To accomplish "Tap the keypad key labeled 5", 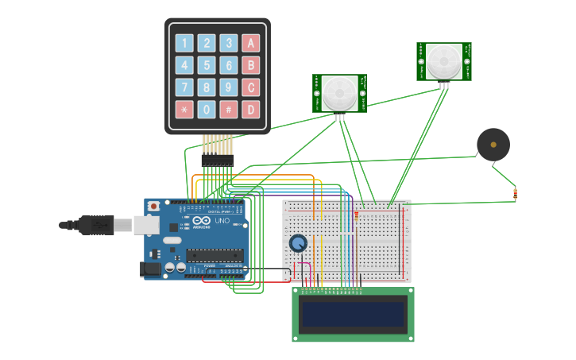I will [207, 65].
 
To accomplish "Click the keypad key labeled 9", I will [229, 87].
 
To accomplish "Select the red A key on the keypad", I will [251, 43].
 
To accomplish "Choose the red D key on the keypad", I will [251, 109].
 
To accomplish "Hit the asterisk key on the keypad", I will [184, 109].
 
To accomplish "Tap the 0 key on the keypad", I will [207, 109].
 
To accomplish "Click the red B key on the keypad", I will [251, 65].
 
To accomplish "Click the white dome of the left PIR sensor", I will [339, 93].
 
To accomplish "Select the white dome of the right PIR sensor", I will [443, 61].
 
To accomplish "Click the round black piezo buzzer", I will [493, 145].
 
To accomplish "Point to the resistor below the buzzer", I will [515, 192].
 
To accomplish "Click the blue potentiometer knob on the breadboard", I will [298, 243].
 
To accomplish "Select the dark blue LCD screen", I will [353, 315].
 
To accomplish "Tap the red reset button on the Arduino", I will [153, 206].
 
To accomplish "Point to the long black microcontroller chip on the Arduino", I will [215, 255].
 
